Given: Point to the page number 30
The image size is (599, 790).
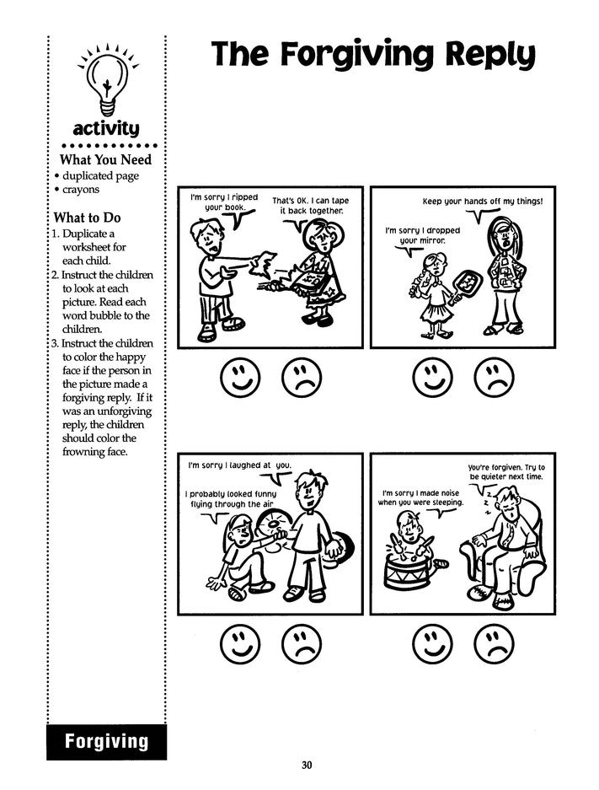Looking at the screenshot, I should [x=306, y=766].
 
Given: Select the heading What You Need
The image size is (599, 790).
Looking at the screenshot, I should [x=104, y=159].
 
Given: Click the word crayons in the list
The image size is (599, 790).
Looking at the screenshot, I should [x=79, y=190].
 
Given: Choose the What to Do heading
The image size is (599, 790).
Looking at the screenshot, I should [x=88, y=218].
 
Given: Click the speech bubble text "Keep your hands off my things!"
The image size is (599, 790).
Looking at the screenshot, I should [x=482, y=202].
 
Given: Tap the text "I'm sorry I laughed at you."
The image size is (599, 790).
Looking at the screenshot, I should [x=238, y=465].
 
